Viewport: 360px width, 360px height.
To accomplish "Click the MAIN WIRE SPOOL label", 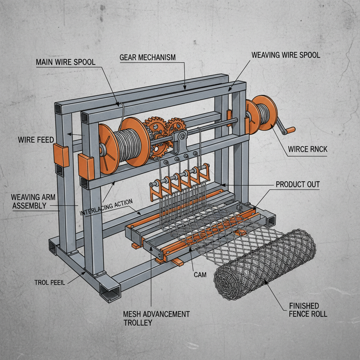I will pyautogui.click(x=65, y=62).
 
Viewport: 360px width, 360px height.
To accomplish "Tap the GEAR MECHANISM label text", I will pyautogui.click(x=147, y=57).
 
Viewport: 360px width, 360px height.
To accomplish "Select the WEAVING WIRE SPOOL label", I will pyautogui.click(x=286, y=55).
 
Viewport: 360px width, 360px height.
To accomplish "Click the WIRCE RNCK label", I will pyautogui.click(x=307, y=149).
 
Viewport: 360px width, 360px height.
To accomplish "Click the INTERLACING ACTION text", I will pyautogui.click(x=106, y=208).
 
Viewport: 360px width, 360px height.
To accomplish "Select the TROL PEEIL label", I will pyautogui.click(x=50, y=282).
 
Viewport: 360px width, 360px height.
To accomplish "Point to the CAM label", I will pyautogui.click(x=200, y=274).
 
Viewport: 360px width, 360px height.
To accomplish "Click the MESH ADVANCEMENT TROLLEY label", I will pyautogui.click(x=156, y=317).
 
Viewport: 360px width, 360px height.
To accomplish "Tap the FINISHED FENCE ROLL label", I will pyautogui.click(x=304, y=309).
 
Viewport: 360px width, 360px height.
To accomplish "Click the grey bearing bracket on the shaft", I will pyautogui.click(x=181, y=141).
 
